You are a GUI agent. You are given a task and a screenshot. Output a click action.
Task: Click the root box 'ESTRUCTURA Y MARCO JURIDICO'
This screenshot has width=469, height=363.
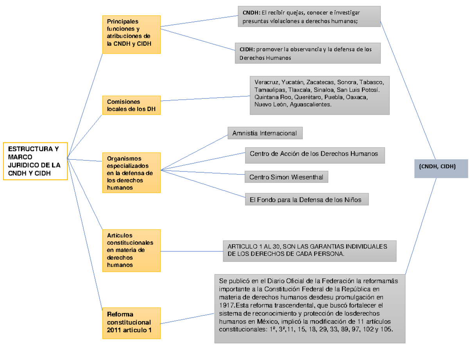click(35, 161)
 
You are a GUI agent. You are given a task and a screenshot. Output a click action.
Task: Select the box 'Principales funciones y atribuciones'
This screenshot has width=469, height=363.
click(131, 34)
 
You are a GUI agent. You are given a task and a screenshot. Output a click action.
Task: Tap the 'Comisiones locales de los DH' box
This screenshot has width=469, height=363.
click(131, 105)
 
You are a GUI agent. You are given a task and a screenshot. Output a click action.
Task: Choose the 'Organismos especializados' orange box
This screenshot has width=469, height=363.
click(131, 173)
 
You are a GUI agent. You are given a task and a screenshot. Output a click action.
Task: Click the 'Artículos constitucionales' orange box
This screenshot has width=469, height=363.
click(131, 250)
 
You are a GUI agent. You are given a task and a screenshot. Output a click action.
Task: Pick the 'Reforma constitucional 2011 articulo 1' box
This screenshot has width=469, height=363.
click(131, 323)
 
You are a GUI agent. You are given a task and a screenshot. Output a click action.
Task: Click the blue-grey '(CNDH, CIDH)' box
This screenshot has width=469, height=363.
click(441, 168)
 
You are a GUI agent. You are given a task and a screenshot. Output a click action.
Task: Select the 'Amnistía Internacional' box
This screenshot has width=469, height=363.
click(265, 133)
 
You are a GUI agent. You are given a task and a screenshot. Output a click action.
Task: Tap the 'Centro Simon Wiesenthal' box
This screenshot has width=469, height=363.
click(286, 177)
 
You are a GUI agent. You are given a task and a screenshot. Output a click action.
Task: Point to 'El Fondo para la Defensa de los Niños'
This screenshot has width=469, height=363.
click(306, 200)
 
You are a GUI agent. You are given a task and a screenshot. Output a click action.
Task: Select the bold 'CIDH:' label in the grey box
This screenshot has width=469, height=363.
click(247, 49)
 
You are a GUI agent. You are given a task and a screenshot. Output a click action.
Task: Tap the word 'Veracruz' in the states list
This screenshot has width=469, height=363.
click(266, 83)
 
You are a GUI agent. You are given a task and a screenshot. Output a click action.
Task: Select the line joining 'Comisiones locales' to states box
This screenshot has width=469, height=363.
click(205, 98)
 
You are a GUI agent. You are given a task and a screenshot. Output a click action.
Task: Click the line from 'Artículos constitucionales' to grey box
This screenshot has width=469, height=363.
click(192, 251)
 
